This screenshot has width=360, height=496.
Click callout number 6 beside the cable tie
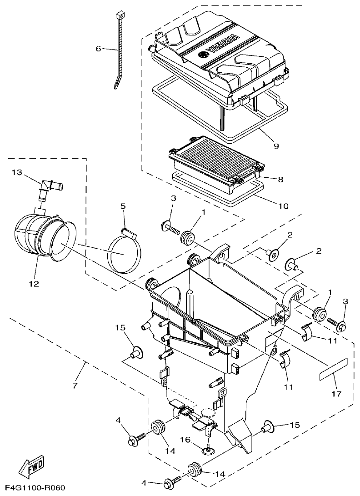click(x=98, y=49)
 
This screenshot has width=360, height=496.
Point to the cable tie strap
click(x=118, y=50)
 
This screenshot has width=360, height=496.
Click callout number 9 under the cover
click(x=276, y=146)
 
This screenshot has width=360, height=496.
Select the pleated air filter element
click(x=215, y=159)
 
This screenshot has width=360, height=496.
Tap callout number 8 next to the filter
click(x=280, y=179)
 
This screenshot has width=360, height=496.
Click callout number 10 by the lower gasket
click(x=283, y=206)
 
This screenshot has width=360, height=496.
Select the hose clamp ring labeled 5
click(x=124, y=252)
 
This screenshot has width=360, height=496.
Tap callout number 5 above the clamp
click(x=123, y=206)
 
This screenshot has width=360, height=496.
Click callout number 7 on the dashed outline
click(x=75, y=385)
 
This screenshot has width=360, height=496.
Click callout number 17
click(x=336, y=393)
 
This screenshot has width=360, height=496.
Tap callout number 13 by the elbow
click(x=17, y=172)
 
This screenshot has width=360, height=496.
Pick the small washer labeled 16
click(x=208, y=450)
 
